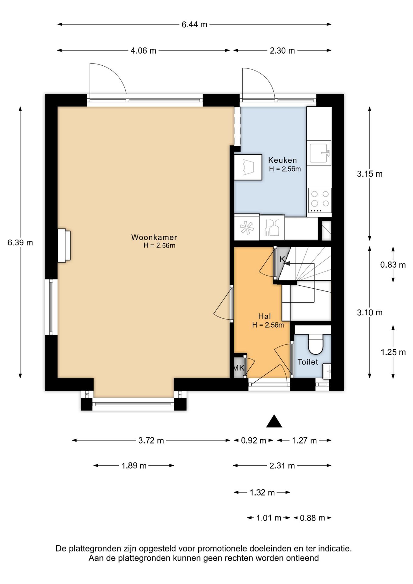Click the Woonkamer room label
point(154,237)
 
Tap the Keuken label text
point(282,160)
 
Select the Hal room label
point(265,316)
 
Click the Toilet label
point(308,362)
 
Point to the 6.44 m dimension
point(194,25)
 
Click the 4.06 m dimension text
point(143,51)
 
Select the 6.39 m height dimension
point(20,243)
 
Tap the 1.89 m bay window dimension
point(134,466)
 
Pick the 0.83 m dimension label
point(393,265)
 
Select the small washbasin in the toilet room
point(327,371)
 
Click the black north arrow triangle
point(274,421)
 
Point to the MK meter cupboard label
point(239,368)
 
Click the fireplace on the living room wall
point(64,245)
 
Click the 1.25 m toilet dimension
point(393,352)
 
